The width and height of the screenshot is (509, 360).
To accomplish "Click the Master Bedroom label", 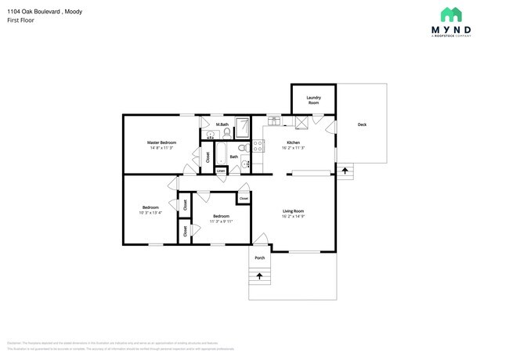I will [161, 142].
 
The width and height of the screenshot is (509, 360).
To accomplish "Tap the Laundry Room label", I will [313, 101].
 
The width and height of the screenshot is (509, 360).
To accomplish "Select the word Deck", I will [362, 124].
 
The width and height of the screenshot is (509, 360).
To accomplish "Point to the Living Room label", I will [293, 211].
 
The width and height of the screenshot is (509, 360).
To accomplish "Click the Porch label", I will [259, 257].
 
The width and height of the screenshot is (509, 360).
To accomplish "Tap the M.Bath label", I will [222, 124].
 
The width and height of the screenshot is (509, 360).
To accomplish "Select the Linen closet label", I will [222, 170].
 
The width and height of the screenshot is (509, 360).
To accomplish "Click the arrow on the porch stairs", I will [259, 276].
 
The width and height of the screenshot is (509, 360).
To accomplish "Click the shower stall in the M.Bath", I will [243, 127].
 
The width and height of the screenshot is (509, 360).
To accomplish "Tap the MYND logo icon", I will [450, 14].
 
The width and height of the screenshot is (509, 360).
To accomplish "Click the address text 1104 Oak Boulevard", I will [31, 12].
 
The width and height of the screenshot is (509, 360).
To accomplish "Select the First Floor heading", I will [20, 22].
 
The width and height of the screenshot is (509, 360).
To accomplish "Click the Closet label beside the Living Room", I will [244, 199].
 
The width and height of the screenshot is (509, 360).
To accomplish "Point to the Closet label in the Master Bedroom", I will [208, 157].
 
